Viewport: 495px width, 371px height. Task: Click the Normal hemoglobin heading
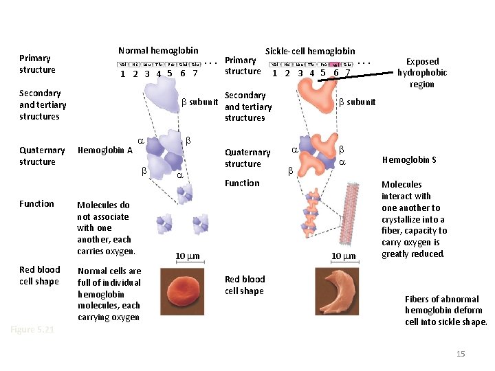[x=158, y=50]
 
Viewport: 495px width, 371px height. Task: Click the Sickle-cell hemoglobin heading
[x=310, y=51]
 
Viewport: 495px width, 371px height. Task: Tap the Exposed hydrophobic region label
[x=422, y=73]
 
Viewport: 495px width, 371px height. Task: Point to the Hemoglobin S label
[x=409, y=159]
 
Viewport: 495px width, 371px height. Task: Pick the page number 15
[x=461, y=354]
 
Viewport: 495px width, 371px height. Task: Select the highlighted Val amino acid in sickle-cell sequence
[x=335, y=64]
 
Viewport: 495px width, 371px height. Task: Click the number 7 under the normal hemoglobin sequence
[x=195, y=74]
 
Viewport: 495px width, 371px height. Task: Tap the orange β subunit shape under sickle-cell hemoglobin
[x=317, y=98]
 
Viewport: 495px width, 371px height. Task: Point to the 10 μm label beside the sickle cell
[x=344, y=256]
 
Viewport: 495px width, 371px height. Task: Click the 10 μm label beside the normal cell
[x=187, y=256]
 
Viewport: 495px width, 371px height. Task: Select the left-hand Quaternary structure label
[x=42, y=156]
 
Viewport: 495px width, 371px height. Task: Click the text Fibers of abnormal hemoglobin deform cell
[x=445, y=311]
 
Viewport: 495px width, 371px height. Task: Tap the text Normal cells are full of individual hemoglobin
[x=109, y=294]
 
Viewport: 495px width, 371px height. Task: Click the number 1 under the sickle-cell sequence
[x=275, y=74]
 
